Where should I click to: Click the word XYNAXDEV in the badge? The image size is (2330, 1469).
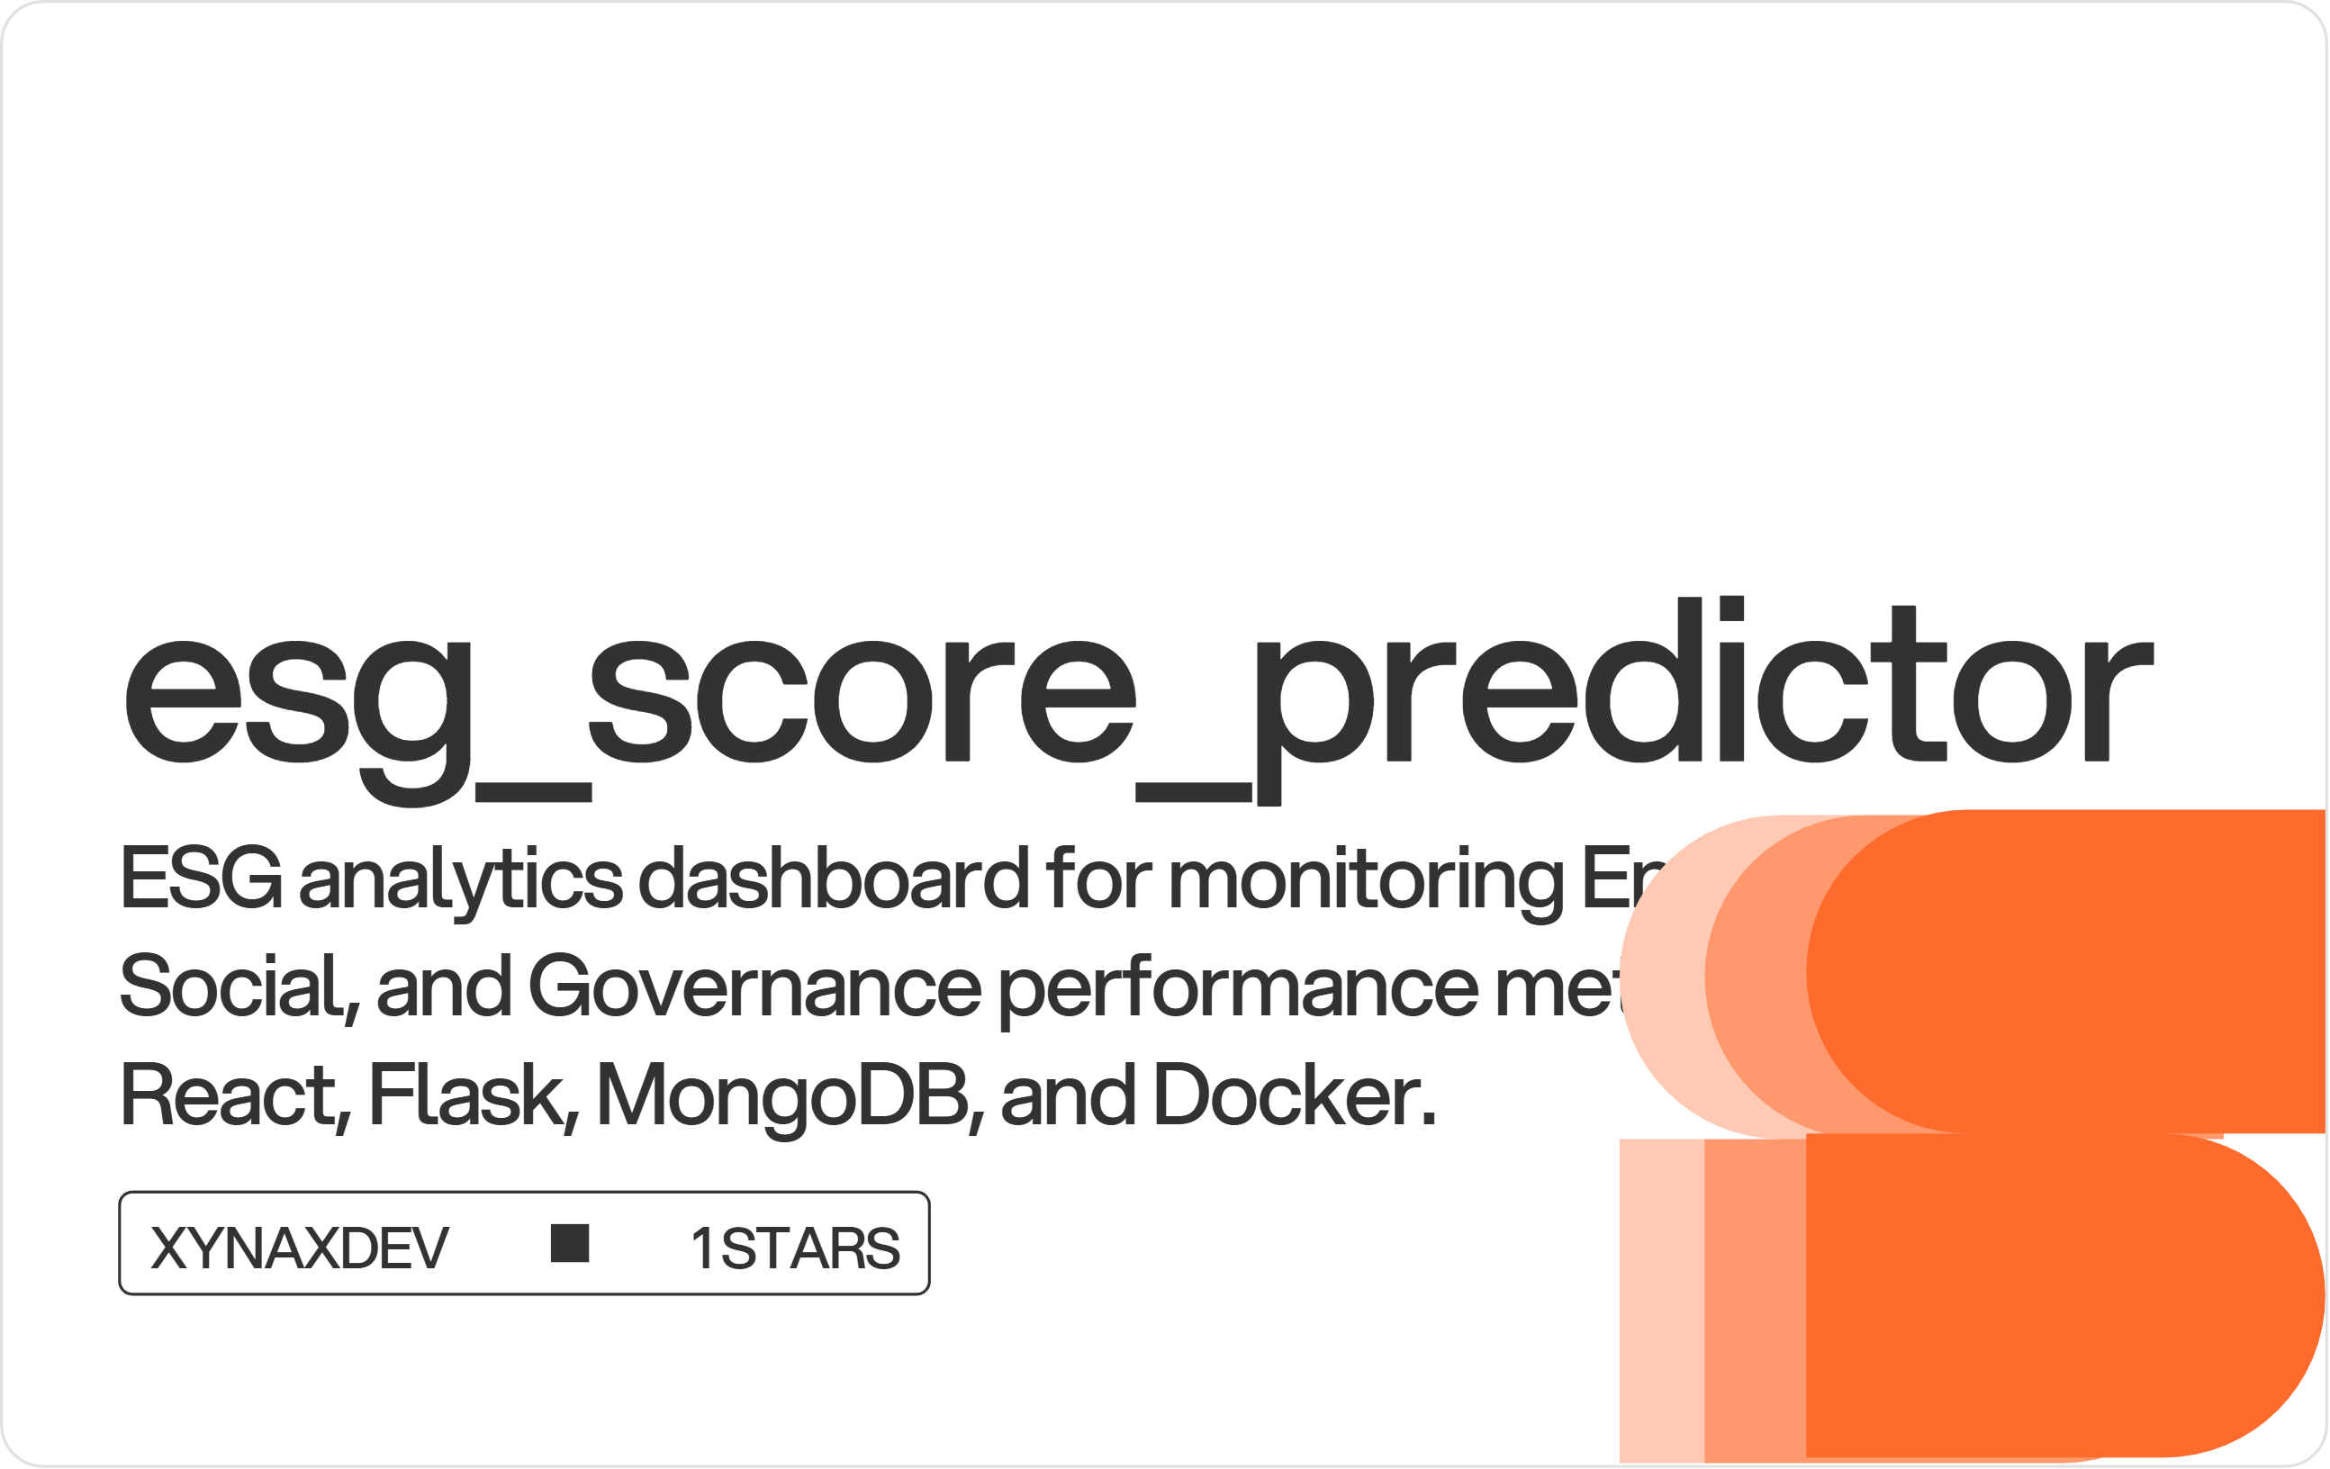300,1248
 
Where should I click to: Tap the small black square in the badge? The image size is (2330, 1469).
570,1244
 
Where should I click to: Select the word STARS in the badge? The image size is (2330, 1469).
811,1248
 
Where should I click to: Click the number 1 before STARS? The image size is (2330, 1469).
702,1248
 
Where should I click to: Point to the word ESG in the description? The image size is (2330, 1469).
202,878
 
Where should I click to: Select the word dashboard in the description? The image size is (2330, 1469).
834,878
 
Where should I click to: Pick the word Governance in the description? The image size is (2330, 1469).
755,987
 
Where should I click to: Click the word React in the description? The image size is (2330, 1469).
229,1095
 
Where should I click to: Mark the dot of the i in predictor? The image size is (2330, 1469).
1731,608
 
